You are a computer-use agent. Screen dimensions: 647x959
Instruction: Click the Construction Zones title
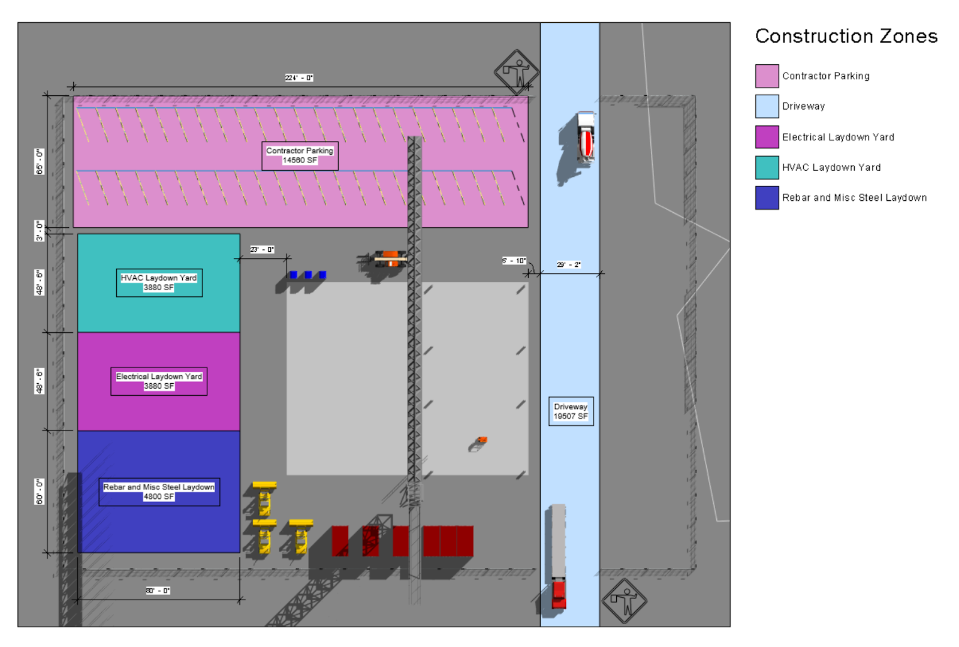(x=846, y=37)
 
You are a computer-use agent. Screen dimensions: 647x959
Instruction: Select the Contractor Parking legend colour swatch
(x=767, y=76)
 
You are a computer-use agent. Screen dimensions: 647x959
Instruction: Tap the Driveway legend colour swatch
(x=767, y=106)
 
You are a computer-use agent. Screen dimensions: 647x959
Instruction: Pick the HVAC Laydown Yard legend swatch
(x=767, y=167)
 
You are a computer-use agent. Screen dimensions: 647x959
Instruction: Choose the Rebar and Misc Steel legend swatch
(x=767, y=198)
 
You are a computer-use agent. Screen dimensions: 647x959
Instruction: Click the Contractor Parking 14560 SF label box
(x=300, y=156)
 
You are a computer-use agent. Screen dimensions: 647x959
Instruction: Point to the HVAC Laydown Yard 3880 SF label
(x=159, y=283)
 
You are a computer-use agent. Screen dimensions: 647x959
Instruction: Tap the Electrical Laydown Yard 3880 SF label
(x=159, y=381)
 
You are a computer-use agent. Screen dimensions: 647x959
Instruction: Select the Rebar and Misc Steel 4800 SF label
(x=159, y=492)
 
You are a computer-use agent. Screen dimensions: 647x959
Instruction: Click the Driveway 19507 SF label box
(x=571, y=411)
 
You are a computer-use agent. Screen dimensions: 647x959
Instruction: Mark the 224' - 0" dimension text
(x=298, y=78)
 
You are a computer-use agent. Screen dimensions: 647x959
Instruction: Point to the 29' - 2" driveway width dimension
(x=568, y=264)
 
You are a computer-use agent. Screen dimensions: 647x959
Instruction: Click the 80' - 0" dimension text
(x=158, y=591)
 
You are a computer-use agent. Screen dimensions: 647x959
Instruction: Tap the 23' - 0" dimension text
(x=262, y=249)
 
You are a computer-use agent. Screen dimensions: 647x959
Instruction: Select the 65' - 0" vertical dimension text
(x=40, y=161)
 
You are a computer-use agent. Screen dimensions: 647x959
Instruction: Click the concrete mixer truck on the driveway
(x=585, y=138)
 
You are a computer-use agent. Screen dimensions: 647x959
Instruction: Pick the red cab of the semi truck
(x=559, y=594)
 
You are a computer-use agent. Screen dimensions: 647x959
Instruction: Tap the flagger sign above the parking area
(x=516, y=72)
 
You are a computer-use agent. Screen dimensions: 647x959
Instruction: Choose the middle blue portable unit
(x=308, y=275)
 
